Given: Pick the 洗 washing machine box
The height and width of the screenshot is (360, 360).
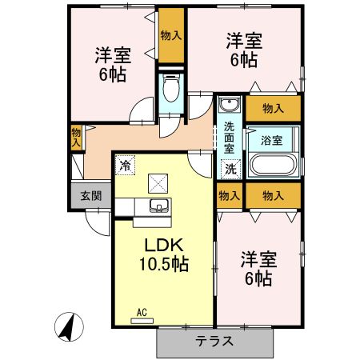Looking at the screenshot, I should (230, 169).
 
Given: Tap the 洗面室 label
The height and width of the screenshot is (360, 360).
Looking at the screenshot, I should (229, 137).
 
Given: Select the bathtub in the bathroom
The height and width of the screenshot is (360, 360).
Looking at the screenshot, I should (273, 165).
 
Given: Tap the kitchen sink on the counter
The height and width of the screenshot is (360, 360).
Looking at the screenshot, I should (159, 209).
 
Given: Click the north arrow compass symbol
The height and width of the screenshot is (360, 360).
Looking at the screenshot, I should (70, 327).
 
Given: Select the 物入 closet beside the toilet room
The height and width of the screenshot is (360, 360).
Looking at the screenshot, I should (170, 37).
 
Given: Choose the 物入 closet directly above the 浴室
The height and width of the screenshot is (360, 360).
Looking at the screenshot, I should (273, 106).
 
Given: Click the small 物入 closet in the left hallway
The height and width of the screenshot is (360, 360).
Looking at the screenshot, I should (76, 138).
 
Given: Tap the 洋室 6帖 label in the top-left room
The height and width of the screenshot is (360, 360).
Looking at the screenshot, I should (113, 64).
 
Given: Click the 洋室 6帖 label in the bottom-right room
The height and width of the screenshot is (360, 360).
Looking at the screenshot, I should (258, 269).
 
